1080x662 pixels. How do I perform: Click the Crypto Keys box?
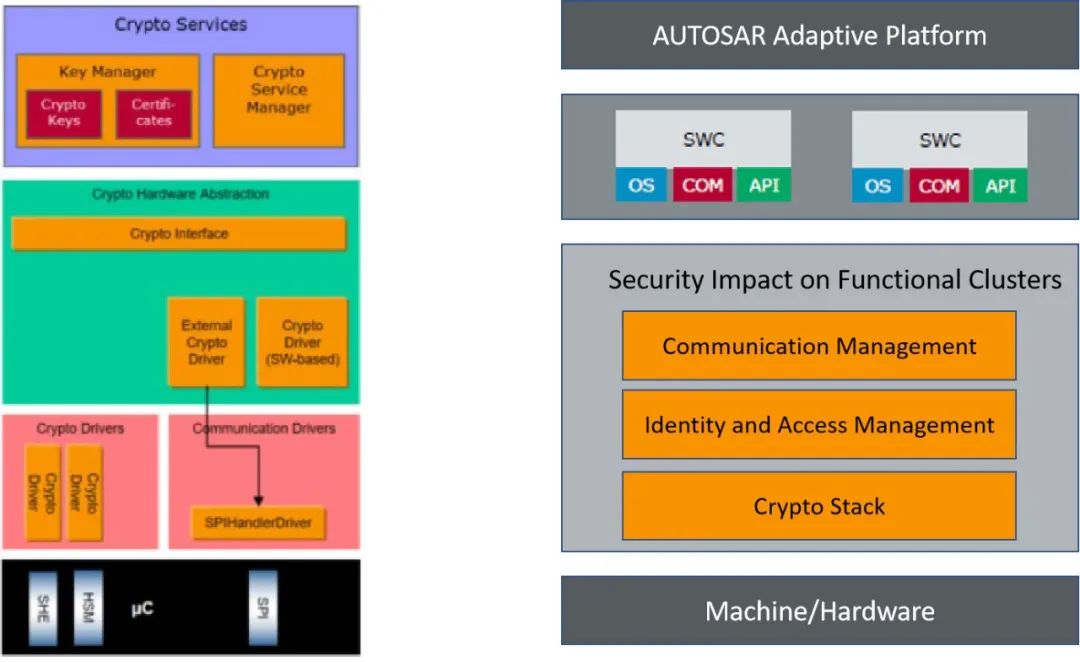click(x=64, y=113)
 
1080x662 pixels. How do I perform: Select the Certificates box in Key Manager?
click(x=153, y=113)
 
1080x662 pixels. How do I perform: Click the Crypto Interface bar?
click(x=179, y=234)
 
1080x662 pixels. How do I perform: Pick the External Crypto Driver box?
click(x=206, y=342)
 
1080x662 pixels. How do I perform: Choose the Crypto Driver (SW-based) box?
click(x=302, y=342)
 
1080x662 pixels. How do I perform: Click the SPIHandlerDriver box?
click(x=258, y=522)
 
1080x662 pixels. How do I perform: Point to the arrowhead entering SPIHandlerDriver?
click(x=258, y=500)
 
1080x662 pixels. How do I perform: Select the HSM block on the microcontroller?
click(x=87, y=606)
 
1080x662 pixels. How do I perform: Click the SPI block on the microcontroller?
click(x=262, y=606)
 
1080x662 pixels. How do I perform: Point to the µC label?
click(x=142, y=608)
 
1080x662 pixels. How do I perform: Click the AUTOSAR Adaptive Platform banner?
click(x=819, y=36)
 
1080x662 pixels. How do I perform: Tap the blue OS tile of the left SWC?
click(x=641, y=186)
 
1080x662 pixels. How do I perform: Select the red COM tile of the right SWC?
click(x=938, y=186)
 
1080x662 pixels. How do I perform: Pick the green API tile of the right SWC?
click(x=1000, y=186)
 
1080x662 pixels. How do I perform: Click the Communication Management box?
click(x=819, y=346)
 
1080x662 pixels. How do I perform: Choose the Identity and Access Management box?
click(x=819, y=425)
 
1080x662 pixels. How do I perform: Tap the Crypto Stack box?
click(x=819, y=506)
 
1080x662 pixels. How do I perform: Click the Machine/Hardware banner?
click(x=819, y=610)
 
